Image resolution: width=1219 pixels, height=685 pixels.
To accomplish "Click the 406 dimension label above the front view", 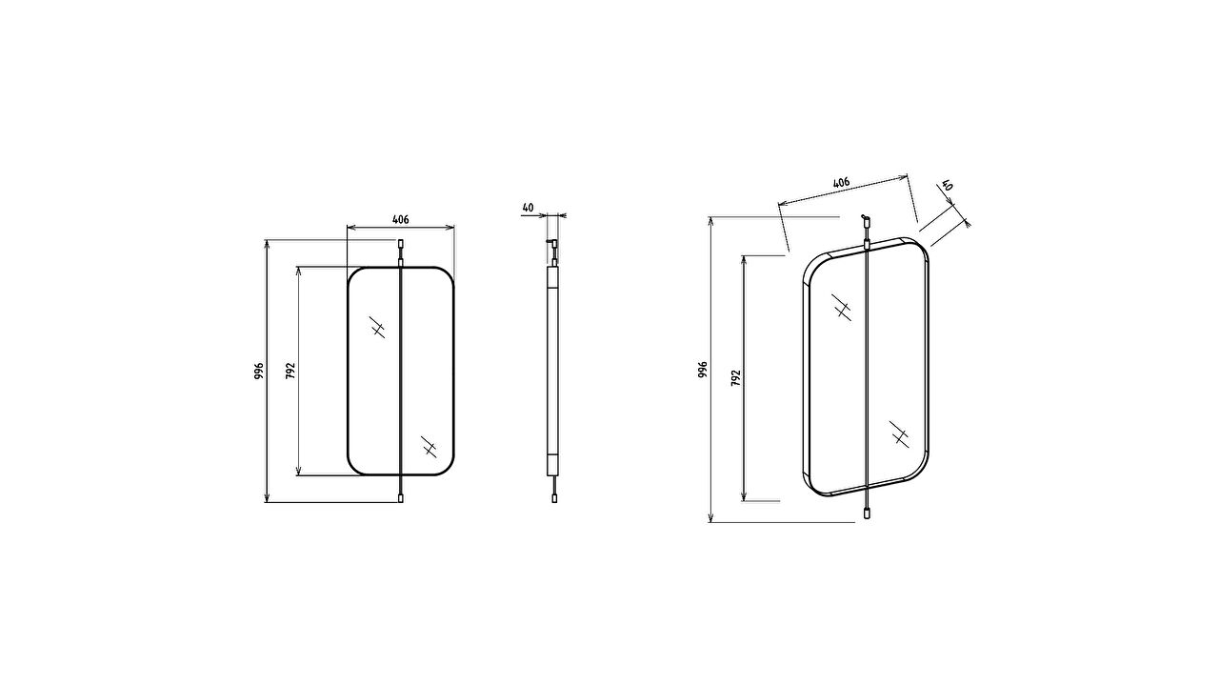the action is [400, 219].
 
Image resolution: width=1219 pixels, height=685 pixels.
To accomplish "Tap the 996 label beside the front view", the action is [259, 371].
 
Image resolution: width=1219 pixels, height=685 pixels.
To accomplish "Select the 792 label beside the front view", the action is [290, 371].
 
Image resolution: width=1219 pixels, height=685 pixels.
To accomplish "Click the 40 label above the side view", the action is [528, 208].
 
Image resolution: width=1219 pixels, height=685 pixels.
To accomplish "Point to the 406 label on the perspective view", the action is [841, 182].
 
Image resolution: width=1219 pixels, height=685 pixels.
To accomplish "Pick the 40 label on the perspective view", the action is [948, 185].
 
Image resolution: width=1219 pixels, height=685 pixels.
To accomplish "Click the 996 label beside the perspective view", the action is [703, 370].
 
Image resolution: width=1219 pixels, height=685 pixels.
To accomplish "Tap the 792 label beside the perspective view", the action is [736, 378].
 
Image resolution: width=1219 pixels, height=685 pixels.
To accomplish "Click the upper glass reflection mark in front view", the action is [377, 327].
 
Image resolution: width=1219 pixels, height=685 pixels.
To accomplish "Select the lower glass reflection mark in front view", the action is [430, 446].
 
